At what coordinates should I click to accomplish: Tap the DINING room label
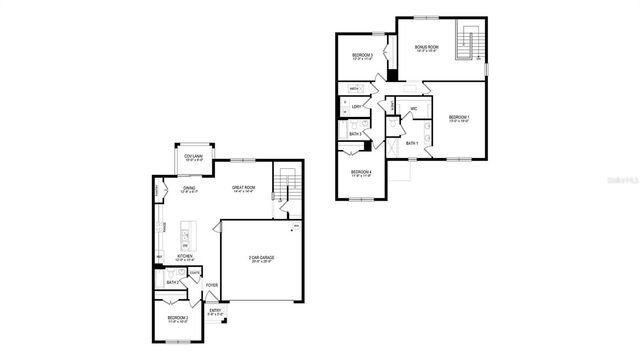pos(188,189)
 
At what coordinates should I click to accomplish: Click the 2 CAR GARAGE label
pos(263,259)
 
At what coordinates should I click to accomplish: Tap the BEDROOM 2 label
pos(179,320)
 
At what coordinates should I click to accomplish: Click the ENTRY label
pos(215,311)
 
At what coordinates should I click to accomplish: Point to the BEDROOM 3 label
pos(362,56)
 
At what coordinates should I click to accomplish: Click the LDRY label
pos(355,106)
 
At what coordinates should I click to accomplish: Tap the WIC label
pos(414,109)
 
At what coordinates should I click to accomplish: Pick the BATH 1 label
pos(412,143)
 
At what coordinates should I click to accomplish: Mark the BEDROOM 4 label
pos(361,173)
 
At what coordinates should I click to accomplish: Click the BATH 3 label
pos(355,133)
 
